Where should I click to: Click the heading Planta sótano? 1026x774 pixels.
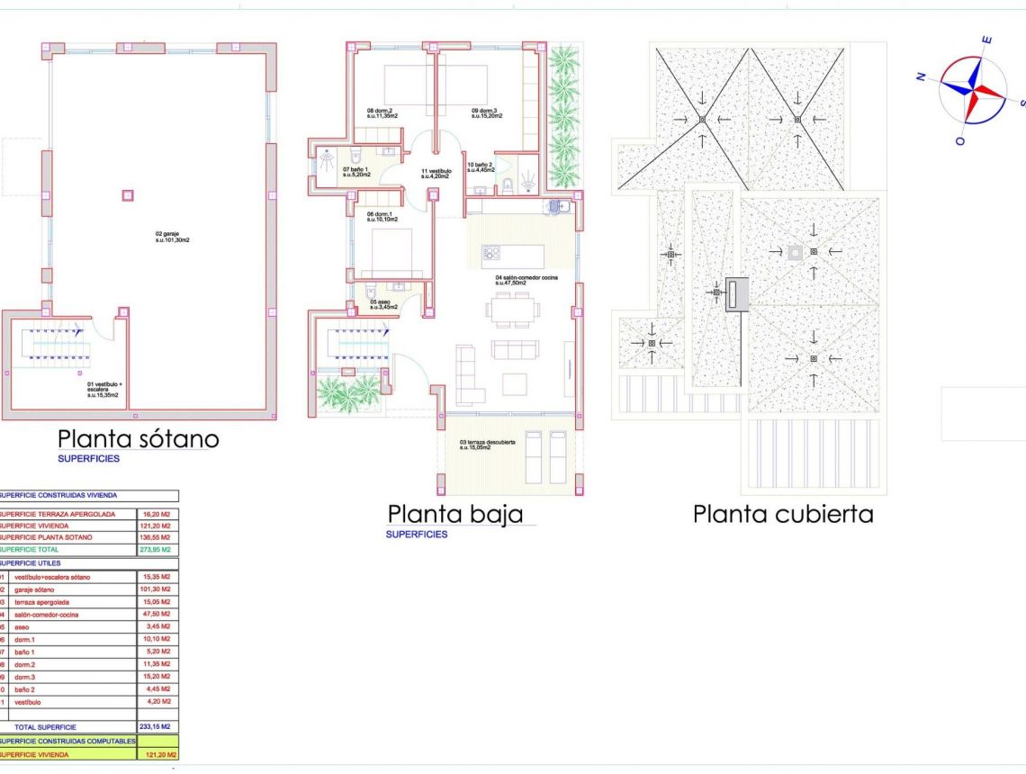[139, 439]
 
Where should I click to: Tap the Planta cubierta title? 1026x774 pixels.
[783, 514]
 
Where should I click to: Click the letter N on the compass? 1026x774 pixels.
[922, 77]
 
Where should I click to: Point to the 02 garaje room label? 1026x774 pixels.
[172, 238]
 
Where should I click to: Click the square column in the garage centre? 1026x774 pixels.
[127, 194]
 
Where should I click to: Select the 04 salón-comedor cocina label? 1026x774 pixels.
[526, 281]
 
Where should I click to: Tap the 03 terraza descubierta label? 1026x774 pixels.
[487, 445]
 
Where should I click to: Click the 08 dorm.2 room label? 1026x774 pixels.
[383, 113]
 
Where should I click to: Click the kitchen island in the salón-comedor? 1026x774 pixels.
[513, 255]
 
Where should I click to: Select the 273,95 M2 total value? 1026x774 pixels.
[158, 549]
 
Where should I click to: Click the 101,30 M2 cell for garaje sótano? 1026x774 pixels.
[158, 589]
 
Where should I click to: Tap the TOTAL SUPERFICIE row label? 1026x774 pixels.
[45, 726]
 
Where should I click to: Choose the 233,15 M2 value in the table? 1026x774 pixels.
[158, 726]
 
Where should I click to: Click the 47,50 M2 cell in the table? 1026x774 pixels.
[158, 614]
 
